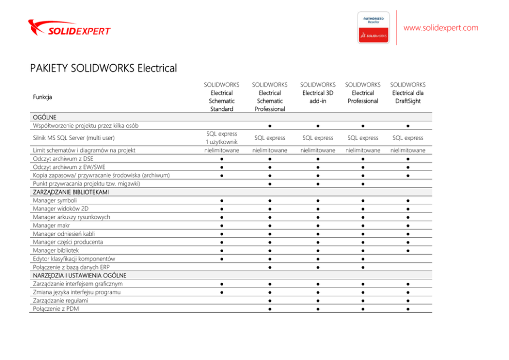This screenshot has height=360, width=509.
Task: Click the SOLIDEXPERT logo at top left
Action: click(x=69, y=28)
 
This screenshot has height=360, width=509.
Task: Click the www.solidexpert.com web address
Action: click(x=441, y=28)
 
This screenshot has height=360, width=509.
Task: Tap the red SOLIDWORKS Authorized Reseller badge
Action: click(x=373, y=28)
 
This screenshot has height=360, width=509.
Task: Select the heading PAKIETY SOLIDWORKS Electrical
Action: click(x=103, y=68)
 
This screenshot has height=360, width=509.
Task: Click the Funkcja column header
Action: click(x=42, y=97)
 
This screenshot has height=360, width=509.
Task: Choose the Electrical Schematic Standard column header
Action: click(x=222, y=97)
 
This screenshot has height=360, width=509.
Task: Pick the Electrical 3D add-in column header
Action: click(x=318, y=92)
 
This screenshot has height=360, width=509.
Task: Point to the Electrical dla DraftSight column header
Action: click(x=407, y=92)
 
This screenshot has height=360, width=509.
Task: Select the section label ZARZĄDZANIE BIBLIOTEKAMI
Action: click(x=71, y=192)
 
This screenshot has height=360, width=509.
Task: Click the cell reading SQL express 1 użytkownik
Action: click(x=222, y=138)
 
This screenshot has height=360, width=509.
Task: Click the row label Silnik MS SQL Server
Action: click(x=73, y=138)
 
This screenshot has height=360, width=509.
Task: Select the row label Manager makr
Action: click(x=51, y=225)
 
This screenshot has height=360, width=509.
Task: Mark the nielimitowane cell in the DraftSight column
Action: click(x=407, y=150)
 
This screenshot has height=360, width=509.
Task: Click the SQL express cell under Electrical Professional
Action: click(x=363, y=138)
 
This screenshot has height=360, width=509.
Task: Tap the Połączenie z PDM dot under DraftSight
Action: click(x=407, y=309)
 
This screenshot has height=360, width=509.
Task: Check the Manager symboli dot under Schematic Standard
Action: click(x=222, y=201)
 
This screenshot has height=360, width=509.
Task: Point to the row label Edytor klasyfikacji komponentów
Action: click(x=74, y=259)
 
